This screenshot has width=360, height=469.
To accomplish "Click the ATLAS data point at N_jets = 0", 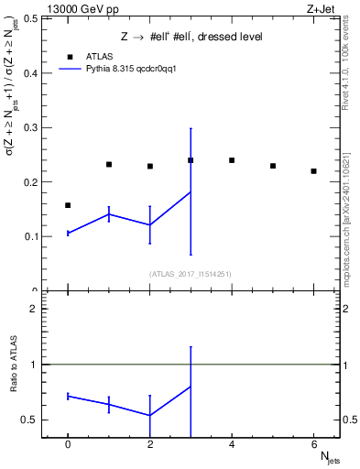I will click(x=68, y=205).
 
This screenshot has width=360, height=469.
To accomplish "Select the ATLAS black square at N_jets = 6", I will click(x=313, y=171).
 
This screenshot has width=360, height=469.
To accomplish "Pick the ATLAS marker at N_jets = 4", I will click(x=232, y=160).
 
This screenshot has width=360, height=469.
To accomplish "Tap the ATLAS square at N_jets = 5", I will click(x=273, y=166).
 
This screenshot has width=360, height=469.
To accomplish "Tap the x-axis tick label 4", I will click(x=232, y=444).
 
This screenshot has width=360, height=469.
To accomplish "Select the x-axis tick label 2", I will click(x=150, y=444).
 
